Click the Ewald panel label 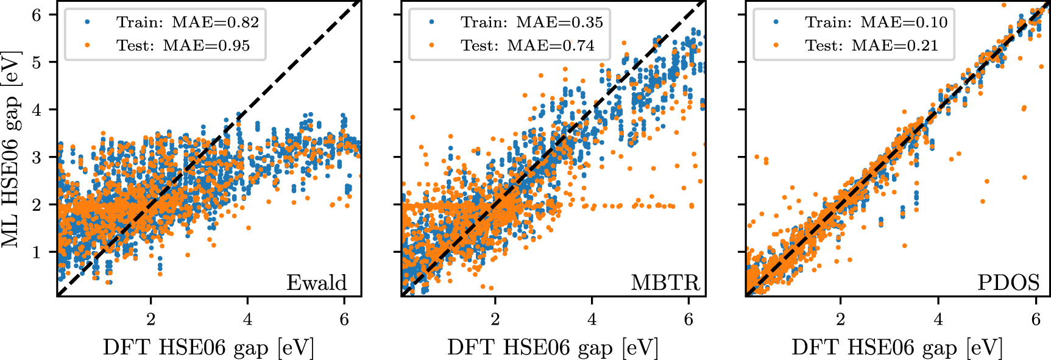point(316,283)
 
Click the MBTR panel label point(665,283)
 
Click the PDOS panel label point(1008,283)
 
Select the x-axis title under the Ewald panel point(208,347)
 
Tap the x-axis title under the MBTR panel point(553,347)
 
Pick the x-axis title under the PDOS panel point(897,347)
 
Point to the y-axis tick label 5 point(36,62)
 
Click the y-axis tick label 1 point(36,252)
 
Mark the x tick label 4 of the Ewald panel point(247,319)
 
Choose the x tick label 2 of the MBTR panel point(495,319)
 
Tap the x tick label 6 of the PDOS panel point(1036,319)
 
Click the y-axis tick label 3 point(36,157)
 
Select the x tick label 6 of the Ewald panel point(344,319)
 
